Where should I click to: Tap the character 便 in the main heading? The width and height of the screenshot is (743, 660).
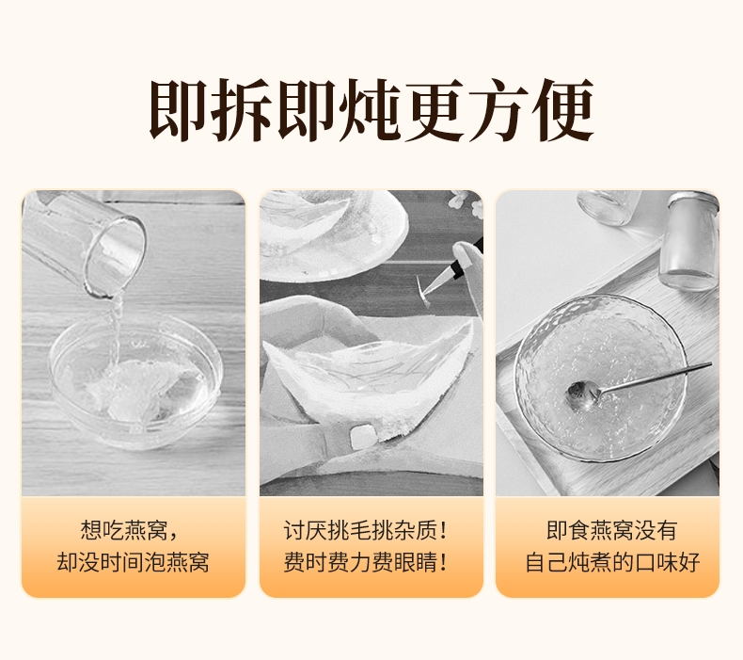pyautogui.click(x=562, y=109)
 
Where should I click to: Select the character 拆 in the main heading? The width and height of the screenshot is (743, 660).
pyautogui.click(x=243, y=109)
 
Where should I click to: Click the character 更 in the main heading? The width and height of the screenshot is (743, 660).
pyautogui.click(x=436, y=109)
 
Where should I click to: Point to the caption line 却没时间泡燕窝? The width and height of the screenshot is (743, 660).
pyautogui.click(x=133, y=562)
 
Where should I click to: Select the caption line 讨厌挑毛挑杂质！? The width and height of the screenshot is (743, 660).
pyautogui.click(x=365, y=530)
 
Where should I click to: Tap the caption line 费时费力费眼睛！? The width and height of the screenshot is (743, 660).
pyautogui.click(x=365, y=562)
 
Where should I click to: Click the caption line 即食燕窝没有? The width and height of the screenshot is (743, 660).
pyautogui.click(x=611, y=530)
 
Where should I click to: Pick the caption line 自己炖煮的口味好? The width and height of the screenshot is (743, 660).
pyautogui.click(x=612, y=562)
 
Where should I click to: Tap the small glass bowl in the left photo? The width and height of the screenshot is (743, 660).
pyautogui.click(x=135, y=379)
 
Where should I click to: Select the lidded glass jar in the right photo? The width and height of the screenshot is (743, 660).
pyautogui.click(x=688, y=241)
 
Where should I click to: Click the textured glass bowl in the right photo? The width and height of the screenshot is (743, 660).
pyautogui.click(x=601, y=378)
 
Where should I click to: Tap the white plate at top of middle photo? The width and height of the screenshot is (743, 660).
pyautogui.click(x=332, y=234)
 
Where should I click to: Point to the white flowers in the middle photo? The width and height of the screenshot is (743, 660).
pyautogui.click(x=466, y=203)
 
